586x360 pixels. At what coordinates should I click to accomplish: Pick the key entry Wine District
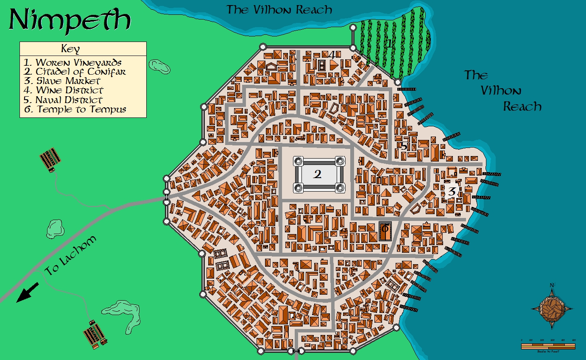(x=64, y=90)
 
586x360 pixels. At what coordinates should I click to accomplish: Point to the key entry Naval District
(x=63, y=100)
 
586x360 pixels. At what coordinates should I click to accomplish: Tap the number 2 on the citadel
(x=317, y=174)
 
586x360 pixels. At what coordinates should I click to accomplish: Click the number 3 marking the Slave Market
(x=452, y=191)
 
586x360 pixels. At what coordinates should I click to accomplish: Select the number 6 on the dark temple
(x=385, y=229)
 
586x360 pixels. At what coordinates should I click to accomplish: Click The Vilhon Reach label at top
(x=279, y=9)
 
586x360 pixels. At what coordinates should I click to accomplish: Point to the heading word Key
(x=70, y=48)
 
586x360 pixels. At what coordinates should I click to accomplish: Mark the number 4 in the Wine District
(x=332, y=55)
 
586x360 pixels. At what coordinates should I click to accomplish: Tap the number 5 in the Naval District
(x=404, y=146)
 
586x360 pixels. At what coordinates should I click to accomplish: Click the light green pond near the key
(x=159, y=66)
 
